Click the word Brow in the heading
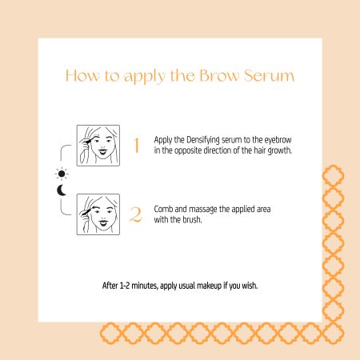pyautogui.click(x=219, y=76)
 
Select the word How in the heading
pyautogui.click(x=82, y=76)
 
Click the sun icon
pyautogui.click(x=62, y=174)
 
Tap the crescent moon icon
pyautogui.click(x=62, y=190)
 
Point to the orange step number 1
pyautogui.click(x=136, y=146)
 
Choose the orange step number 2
pyautogui.click(x=136, y=214)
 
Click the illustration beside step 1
pyautogui.click(x=98, y=146)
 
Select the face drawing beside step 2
pyautogui.click(x=98, y=214)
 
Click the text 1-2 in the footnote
pyautogui.click(x=124, y=286)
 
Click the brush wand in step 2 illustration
pyautogui.click(x=87, y=212)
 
